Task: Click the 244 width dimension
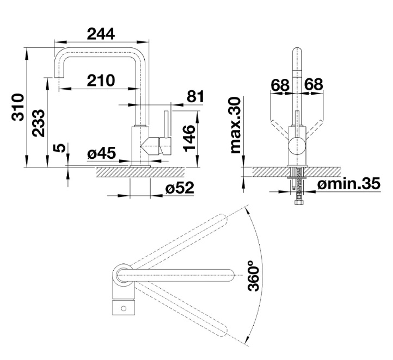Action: (x=101, y=34)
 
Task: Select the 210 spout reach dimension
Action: (x=101, y=80)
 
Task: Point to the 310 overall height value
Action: (x=18, y=107)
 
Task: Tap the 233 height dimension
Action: (x=39, y=123)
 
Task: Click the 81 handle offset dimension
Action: (x=195, y=96)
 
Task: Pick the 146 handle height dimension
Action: (x=189, y=139)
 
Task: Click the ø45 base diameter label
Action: (x=101, y=153)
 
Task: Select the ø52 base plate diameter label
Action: (x=180, y=188)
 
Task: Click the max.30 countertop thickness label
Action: (x=235, y=125)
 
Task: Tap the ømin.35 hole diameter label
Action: (x=349, y=184)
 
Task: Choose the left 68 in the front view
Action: (x=280, y=84)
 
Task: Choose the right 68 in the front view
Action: (x=314, y=84)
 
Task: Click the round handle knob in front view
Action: (x=297, y=146)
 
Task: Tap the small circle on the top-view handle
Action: (x=124, y=308)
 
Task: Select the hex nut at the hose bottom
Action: (x=298, y=202)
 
